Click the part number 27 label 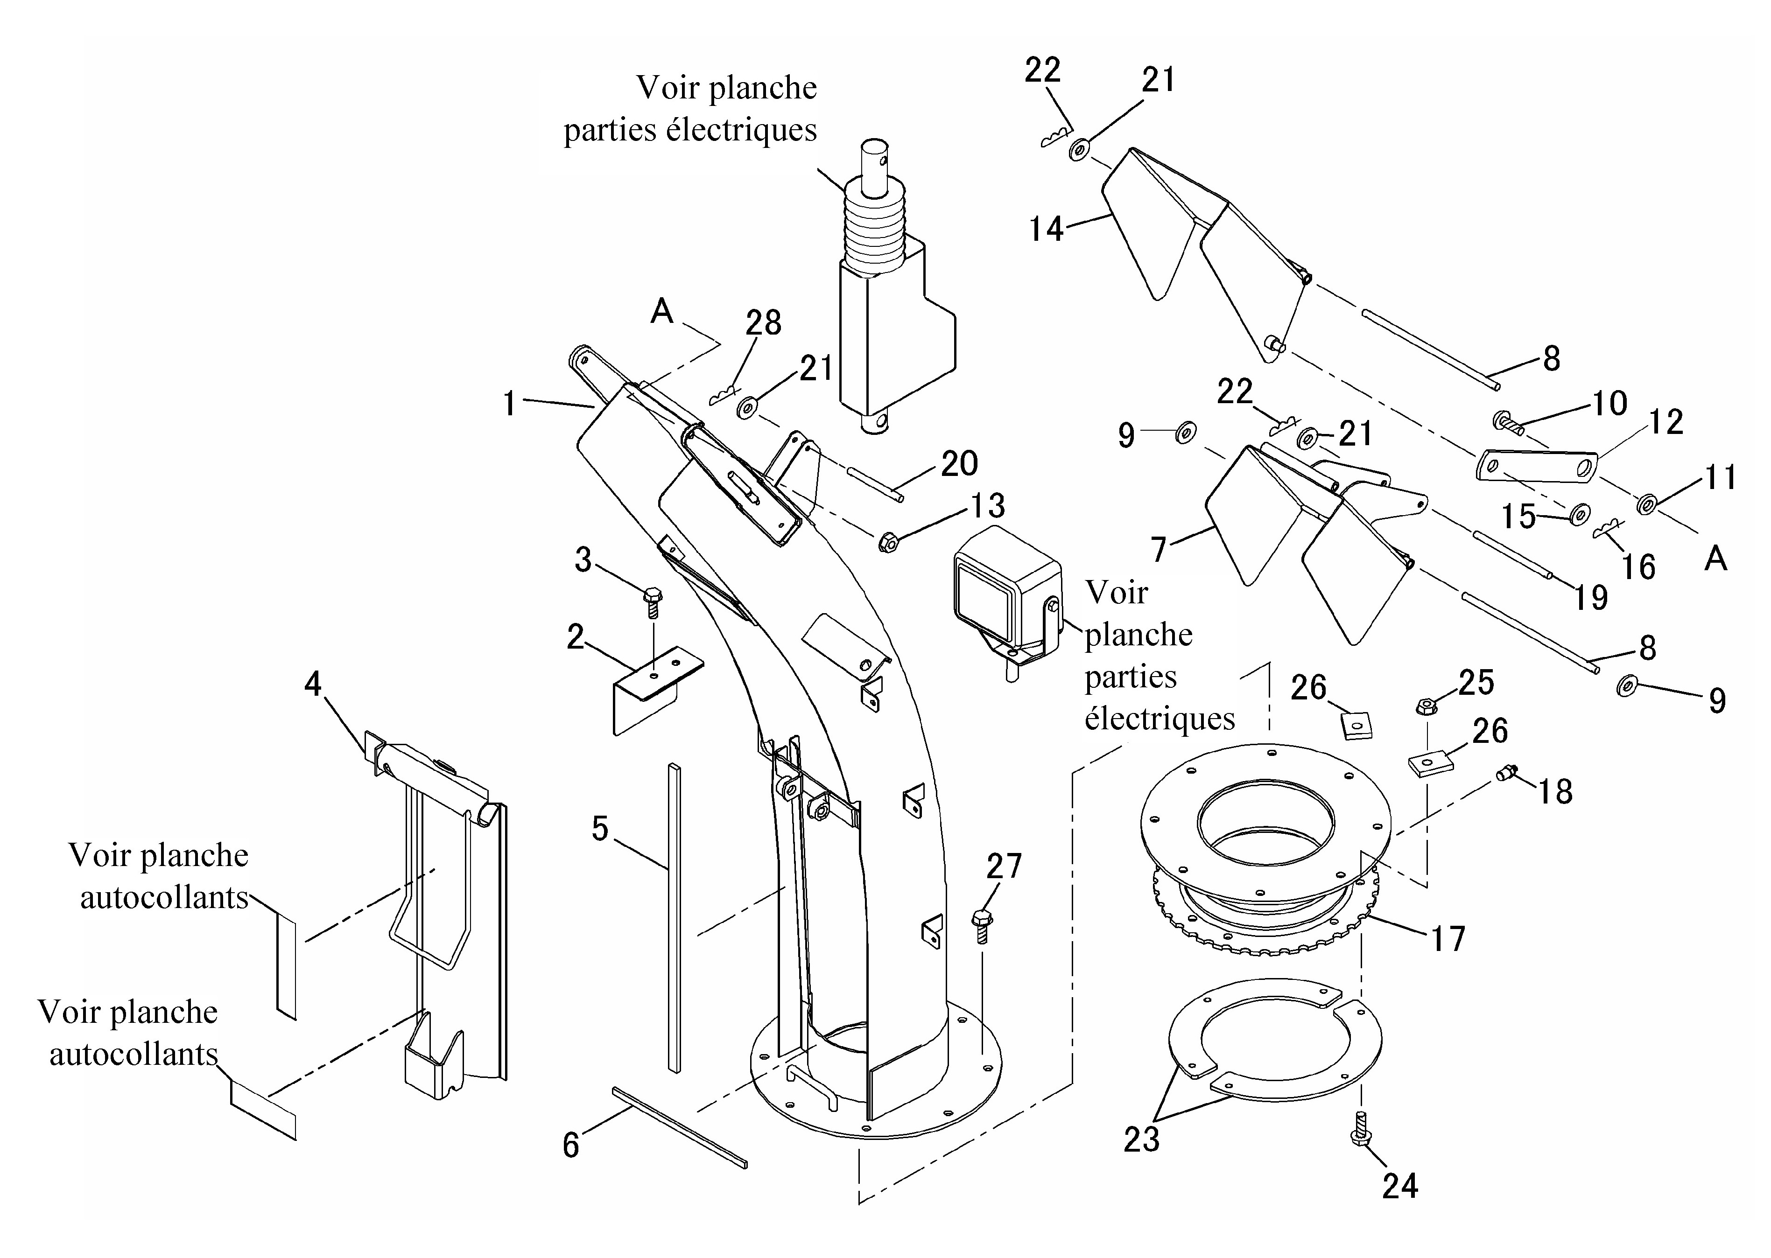(1004, 866)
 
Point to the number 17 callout (1447, 939)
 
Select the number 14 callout (1046, 229)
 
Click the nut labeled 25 (1424, 706)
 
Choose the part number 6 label (571, 1145)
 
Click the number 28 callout (763, 323)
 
